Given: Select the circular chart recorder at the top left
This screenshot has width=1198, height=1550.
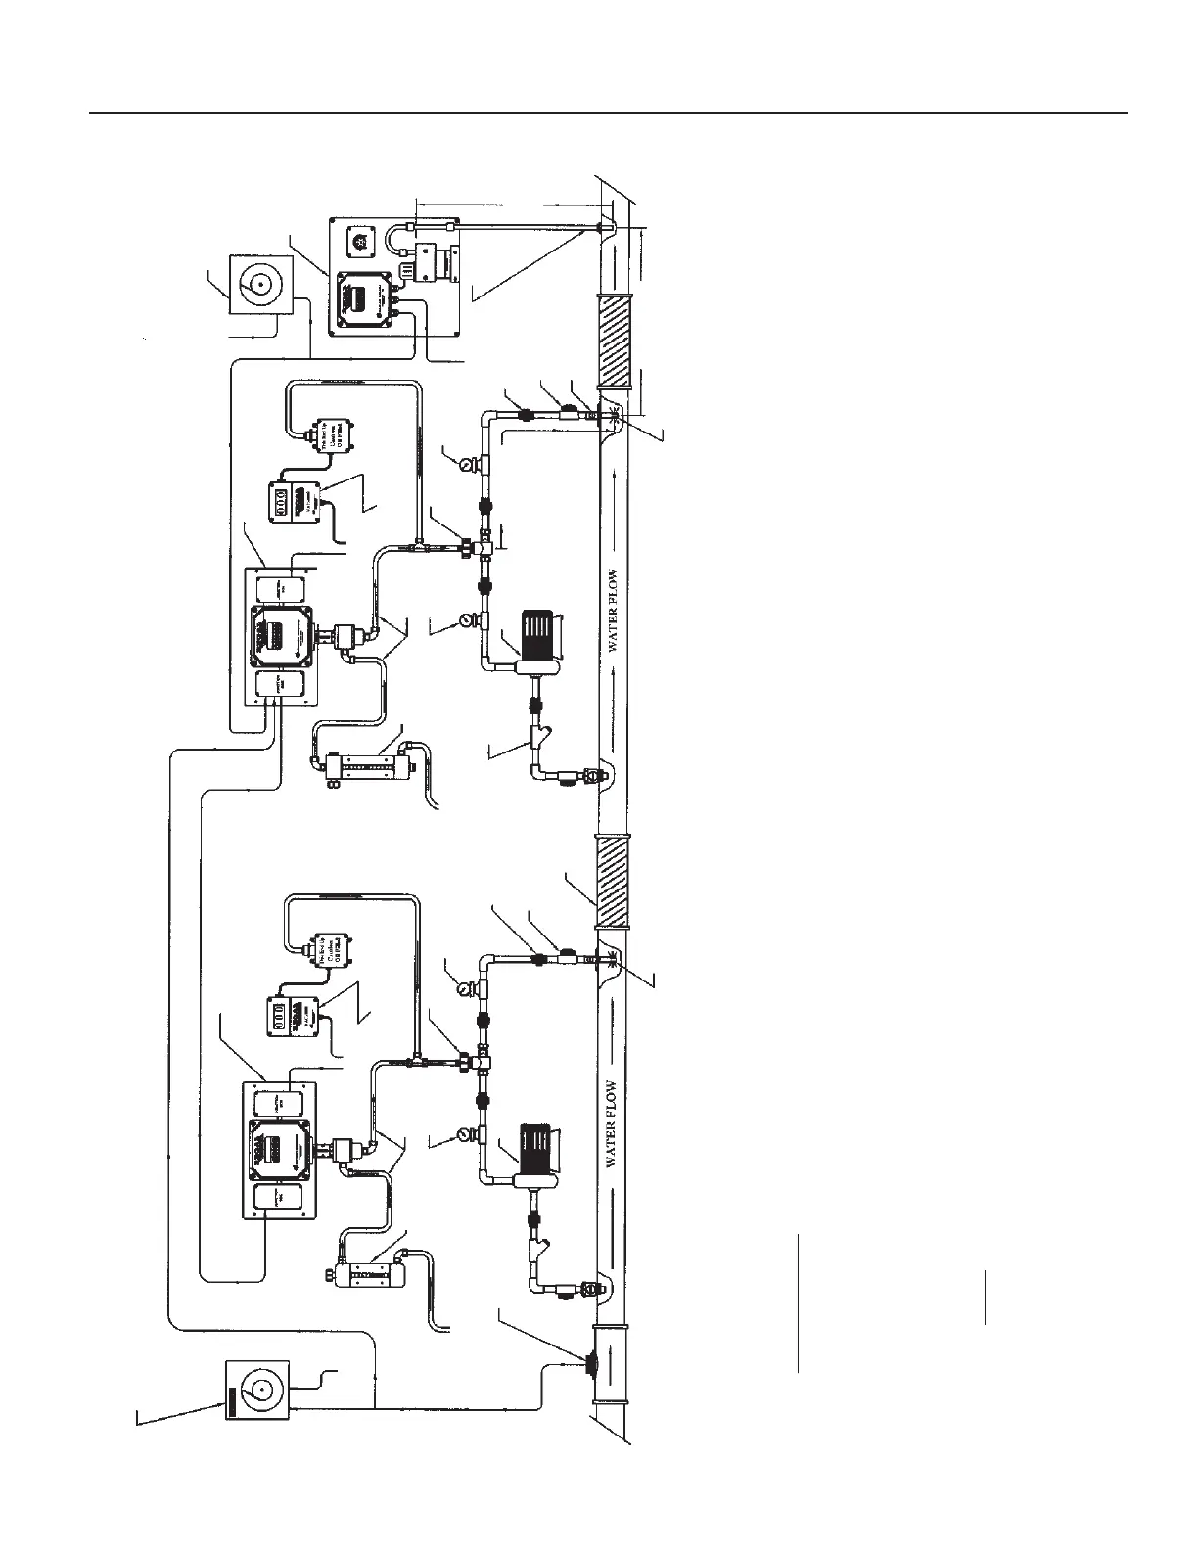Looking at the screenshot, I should pyautogui.click(x=259, y=285).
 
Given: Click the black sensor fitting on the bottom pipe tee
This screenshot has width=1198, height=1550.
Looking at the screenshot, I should pyautogui.click(x=591, y=1364).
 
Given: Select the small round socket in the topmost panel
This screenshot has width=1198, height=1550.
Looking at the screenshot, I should pyautogui.click(x=359, y=242).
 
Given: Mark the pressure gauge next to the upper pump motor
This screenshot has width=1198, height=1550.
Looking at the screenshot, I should pyautogui.click(x=464, y=620).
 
